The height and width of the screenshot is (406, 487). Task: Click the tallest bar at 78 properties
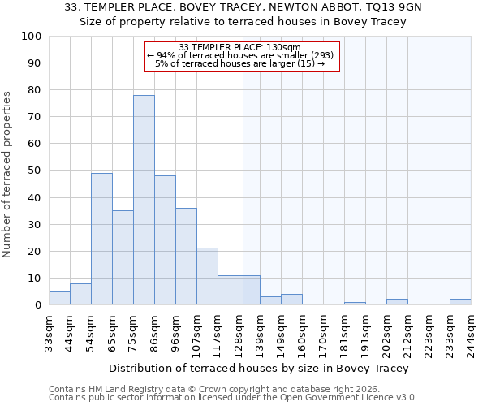tap(144, 200)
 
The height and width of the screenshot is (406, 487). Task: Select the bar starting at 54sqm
tap(101, 239)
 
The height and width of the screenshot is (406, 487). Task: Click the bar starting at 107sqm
tap(207, 276)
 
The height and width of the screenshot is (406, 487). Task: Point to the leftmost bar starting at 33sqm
tap(59, 298)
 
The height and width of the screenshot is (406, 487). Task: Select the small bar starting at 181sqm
tap(355, 304)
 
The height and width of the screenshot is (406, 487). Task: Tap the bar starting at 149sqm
tap(291, 300)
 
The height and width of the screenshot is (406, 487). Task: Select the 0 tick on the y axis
tap(38, 305)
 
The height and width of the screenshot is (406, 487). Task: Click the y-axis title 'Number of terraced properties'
tap(7, 175)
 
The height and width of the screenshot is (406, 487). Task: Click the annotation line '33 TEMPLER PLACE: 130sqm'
tap(239, 47)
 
